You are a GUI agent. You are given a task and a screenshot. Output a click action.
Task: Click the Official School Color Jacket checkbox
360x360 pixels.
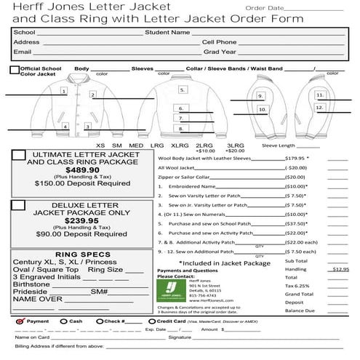click(x=15, y=70)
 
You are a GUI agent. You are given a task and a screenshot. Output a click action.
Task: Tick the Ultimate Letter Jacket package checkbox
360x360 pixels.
click(x=19, y=156)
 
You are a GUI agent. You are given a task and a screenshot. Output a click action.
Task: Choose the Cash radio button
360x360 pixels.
click(x=63, y=321)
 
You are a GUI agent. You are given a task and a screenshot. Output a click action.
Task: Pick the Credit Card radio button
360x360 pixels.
click(x=152, y=321)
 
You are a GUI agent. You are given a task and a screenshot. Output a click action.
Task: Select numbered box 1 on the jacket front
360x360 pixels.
click(x=64, y=92)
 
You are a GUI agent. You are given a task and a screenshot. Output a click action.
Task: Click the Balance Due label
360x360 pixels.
click(x=300, y=311)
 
